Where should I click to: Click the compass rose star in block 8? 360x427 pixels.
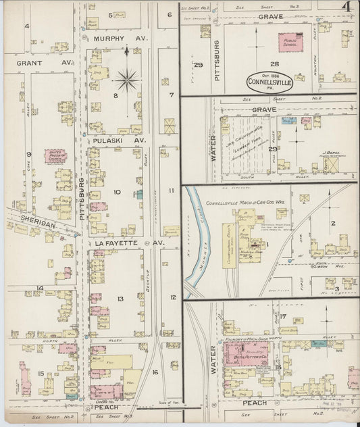coord(126,81)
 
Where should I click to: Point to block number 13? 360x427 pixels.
coord(120,298)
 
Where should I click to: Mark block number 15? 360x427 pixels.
coord(41,374)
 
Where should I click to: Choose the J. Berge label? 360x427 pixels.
coord(328,153)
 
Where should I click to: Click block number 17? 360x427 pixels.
coord(284,316)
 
